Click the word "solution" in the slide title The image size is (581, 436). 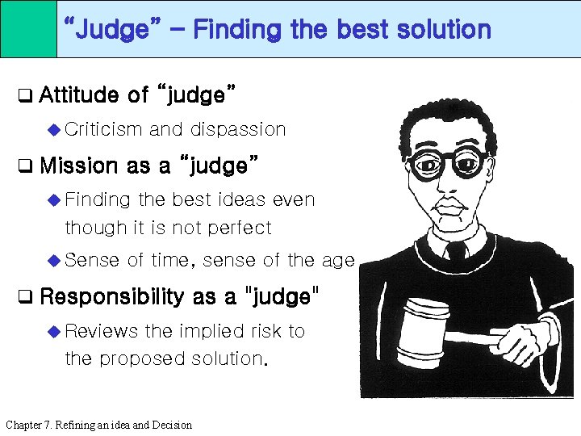point(443,30)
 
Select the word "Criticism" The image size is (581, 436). point(103,129)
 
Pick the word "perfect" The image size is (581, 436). point(239,228)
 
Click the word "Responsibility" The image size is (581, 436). point(111,296)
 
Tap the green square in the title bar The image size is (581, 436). point(28,29)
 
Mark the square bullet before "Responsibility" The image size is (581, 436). point(26,297)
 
